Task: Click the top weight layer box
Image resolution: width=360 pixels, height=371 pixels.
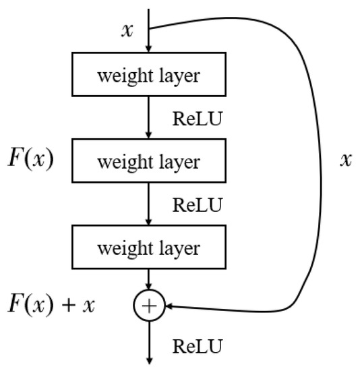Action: click(x=148, y=75)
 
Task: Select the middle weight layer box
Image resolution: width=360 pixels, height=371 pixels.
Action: click(x=148, y=162)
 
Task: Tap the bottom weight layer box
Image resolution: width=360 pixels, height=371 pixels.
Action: click(x=148, y=248)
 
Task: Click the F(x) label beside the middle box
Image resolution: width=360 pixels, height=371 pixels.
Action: click(x=31, y=162)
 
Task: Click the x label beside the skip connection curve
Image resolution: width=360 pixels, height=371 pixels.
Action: click(x=346, y=161)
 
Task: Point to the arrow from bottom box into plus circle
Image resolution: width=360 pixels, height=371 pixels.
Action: click(x=148, y=281)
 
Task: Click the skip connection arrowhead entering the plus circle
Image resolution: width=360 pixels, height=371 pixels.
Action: click(x=169, y=306)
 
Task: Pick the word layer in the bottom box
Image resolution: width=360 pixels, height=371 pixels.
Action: click(x=179, y=249)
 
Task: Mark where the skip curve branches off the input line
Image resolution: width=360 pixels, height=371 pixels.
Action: click(x=148, y=28)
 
